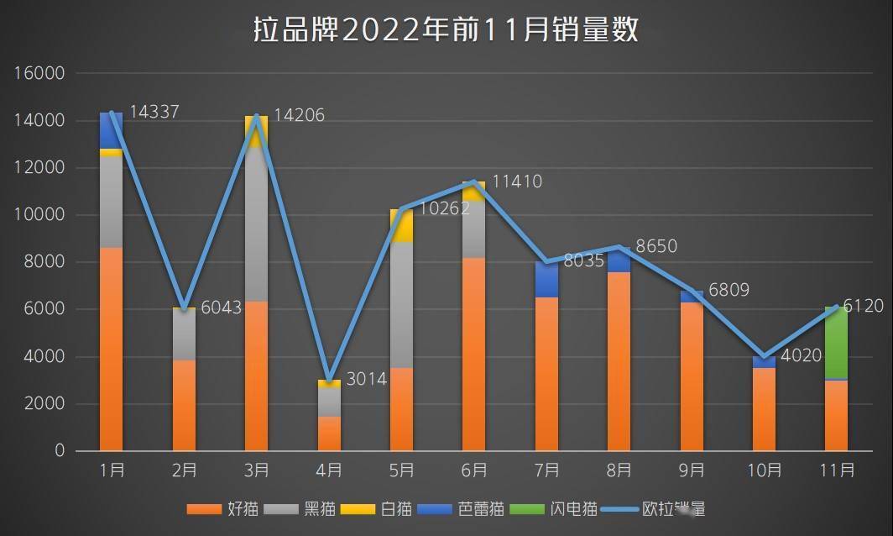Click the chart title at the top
[x=446, y=30]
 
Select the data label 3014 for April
[x=366, y=379]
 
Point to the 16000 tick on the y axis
[x=39, y=73]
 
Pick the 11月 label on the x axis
[x=836, y=470]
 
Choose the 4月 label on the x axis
[x=329, y=470]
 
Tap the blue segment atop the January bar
[x=111, y=130]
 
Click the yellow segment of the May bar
[x=401, y=225]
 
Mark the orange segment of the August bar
[x=619, y=361]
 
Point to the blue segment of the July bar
[x=546, y=279]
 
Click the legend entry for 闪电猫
[x=564, y=508]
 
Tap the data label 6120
[x=863, y=307]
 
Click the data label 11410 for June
[x=517, y=181]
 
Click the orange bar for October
[x=764, y=409]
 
